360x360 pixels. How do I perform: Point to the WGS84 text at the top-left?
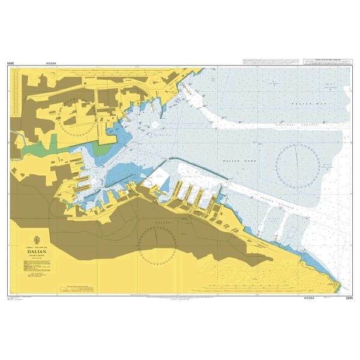pyautogui.click(x=50, y=62)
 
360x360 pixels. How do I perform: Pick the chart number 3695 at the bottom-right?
pyautogui.click(x=349, y=298)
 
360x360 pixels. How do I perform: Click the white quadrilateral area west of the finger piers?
pyautogui.click(x=162, y=177)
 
